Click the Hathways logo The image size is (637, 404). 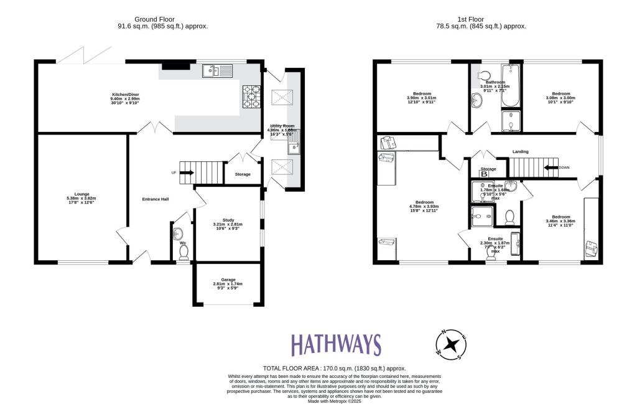[336, 345]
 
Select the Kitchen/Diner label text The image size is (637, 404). [125, 96]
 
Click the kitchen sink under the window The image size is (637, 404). [216, 72]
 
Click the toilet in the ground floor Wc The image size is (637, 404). [184, 251]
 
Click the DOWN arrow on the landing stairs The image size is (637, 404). [551, 167]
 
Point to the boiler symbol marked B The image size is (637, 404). [483, 174]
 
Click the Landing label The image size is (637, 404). [521, 151]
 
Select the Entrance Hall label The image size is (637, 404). [156, 199]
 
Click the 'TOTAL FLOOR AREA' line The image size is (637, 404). [335, 369]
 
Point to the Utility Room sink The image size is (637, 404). [293, 148]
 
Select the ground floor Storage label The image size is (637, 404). [243, 174]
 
